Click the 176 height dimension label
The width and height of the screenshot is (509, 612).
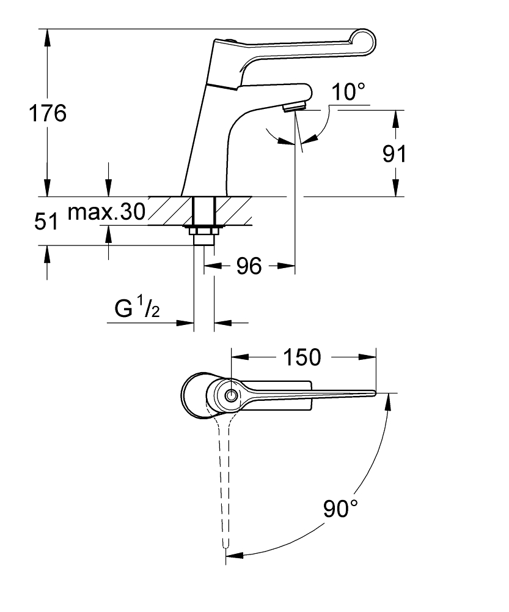click(48, 113)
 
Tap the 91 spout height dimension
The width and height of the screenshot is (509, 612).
click(394, 154)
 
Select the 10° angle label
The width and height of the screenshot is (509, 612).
click(348, 92)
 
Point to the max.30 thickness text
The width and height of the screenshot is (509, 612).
click(106, 212)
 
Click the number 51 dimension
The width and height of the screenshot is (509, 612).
click(46, 222)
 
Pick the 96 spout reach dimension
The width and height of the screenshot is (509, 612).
click(249, 266)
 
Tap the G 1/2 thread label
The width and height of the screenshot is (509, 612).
click(137, 308)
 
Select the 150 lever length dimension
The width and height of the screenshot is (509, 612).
click(302, 357)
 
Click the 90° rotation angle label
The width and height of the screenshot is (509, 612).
click(340, 509)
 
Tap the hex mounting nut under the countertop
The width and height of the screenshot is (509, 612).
click(204, 231)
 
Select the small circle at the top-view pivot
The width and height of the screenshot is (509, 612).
click(232, 395)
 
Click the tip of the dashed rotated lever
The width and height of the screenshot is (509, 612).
click(225, 547)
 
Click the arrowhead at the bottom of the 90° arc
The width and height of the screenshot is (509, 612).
click(235, 554)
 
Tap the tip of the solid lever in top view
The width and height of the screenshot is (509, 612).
click(375, 393)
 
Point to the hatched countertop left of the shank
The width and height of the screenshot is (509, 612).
click(170, 211)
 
